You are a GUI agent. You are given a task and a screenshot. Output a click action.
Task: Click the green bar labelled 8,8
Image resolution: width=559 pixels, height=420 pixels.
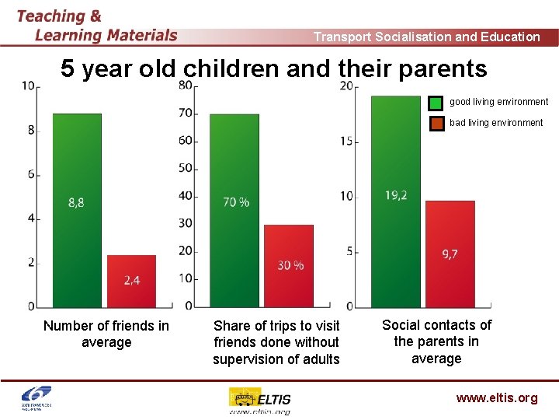click(77, 210)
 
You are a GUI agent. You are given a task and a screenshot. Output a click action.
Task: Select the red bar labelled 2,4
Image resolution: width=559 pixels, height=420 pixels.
click(131, 281)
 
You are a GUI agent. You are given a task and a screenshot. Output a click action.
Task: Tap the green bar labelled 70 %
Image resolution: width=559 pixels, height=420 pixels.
click(235, 210)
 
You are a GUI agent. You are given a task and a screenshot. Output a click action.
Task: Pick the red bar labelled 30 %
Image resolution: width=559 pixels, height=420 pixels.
click(289, 265)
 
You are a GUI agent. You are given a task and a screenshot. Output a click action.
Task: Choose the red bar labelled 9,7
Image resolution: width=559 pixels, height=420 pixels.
click(450, 254)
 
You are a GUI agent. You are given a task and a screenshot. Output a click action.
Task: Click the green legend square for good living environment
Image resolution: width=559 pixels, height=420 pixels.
click(436, 102)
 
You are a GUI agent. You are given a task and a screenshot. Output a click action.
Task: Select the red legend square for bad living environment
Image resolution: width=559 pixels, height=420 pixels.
click(436, 123)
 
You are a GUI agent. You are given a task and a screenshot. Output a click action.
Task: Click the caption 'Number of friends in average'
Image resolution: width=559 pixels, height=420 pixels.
click(106, 334)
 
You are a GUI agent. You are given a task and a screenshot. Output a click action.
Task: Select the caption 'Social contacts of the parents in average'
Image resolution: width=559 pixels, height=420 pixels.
click(436, 341)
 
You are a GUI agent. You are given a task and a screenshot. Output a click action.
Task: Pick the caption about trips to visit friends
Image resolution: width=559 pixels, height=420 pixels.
click(276, 342)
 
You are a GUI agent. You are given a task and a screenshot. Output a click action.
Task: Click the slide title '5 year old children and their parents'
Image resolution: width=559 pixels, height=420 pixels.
click(274, 69)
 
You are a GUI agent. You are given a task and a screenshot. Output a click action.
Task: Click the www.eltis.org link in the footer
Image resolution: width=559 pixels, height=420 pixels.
click(496, 398)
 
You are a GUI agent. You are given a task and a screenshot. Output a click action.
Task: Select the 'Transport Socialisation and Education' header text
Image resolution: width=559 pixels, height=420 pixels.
click(426, 37)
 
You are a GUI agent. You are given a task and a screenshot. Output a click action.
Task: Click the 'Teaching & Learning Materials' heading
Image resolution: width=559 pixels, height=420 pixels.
click(97, 25)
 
